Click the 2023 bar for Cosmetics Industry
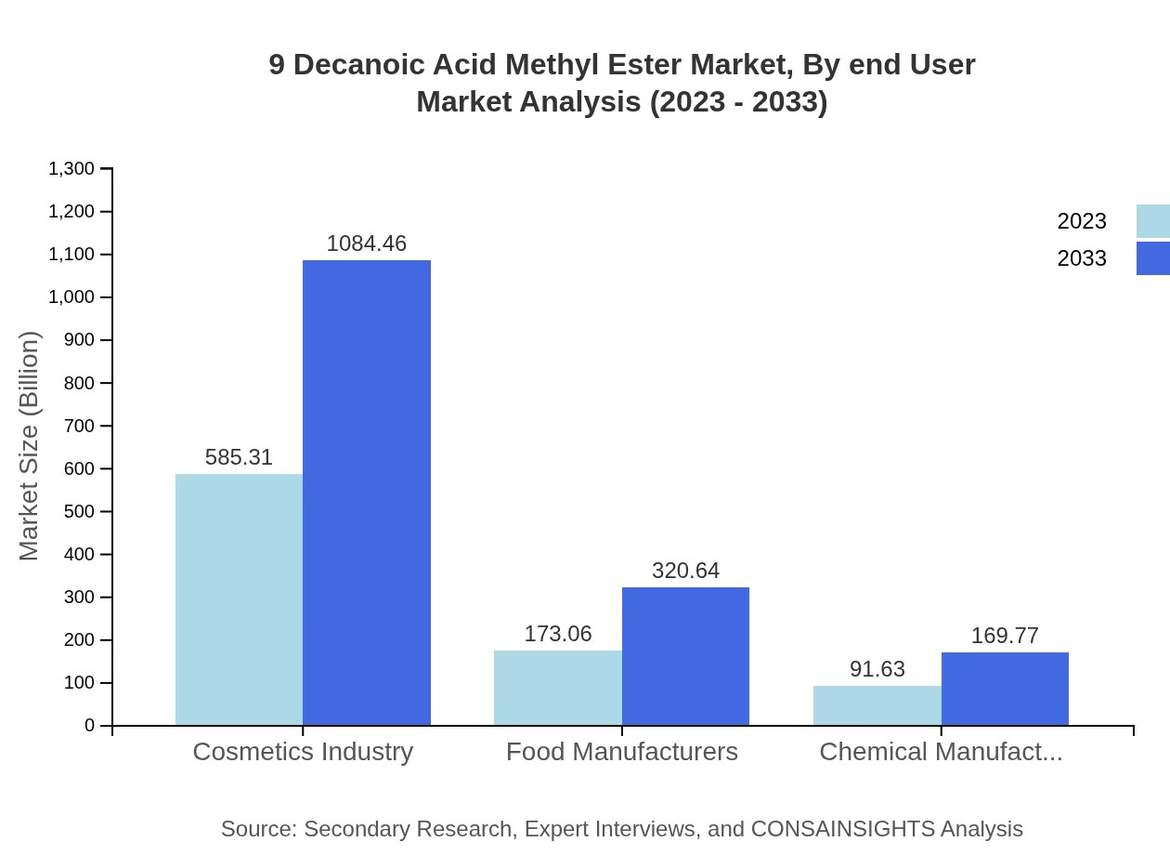pyautogui.click(x=239, y=599)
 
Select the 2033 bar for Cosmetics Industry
pyautogui.click(x=367, y=493)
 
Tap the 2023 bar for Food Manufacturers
pyautogui.click(x=557, y=688)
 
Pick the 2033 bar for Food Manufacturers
pyautogui.click(x=685, y=656)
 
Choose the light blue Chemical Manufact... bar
pyautogui.click(x=877, y=705)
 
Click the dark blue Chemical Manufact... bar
pyautogui.click(x=1005, y=689)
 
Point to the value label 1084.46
pyautogui.click(x=367, y=243)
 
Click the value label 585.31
pyautogui.click(x=239, y=457)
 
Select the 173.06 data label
pyautogui.click(x=557, y=634)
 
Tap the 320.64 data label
pyautogui.click(x=685, y=571)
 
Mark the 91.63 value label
pyautogui.click(x=877, y=669)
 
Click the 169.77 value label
pyautogui.click(x=1005, y=636)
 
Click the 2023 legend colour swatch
pyautogui.click(x=1153, y=221)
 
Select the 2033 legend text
pyautogui.click(x=1082, y=258)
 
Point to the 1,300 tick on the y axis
pyautogui.click(x=71, y=169)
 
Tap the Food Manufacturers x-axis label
pyautogui.click(x=622, y=751)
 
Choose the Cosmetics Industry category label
pyautogui.click(x=303, y=751)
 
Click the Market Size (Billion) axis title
pyautogui.click(x=30, y=446)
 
